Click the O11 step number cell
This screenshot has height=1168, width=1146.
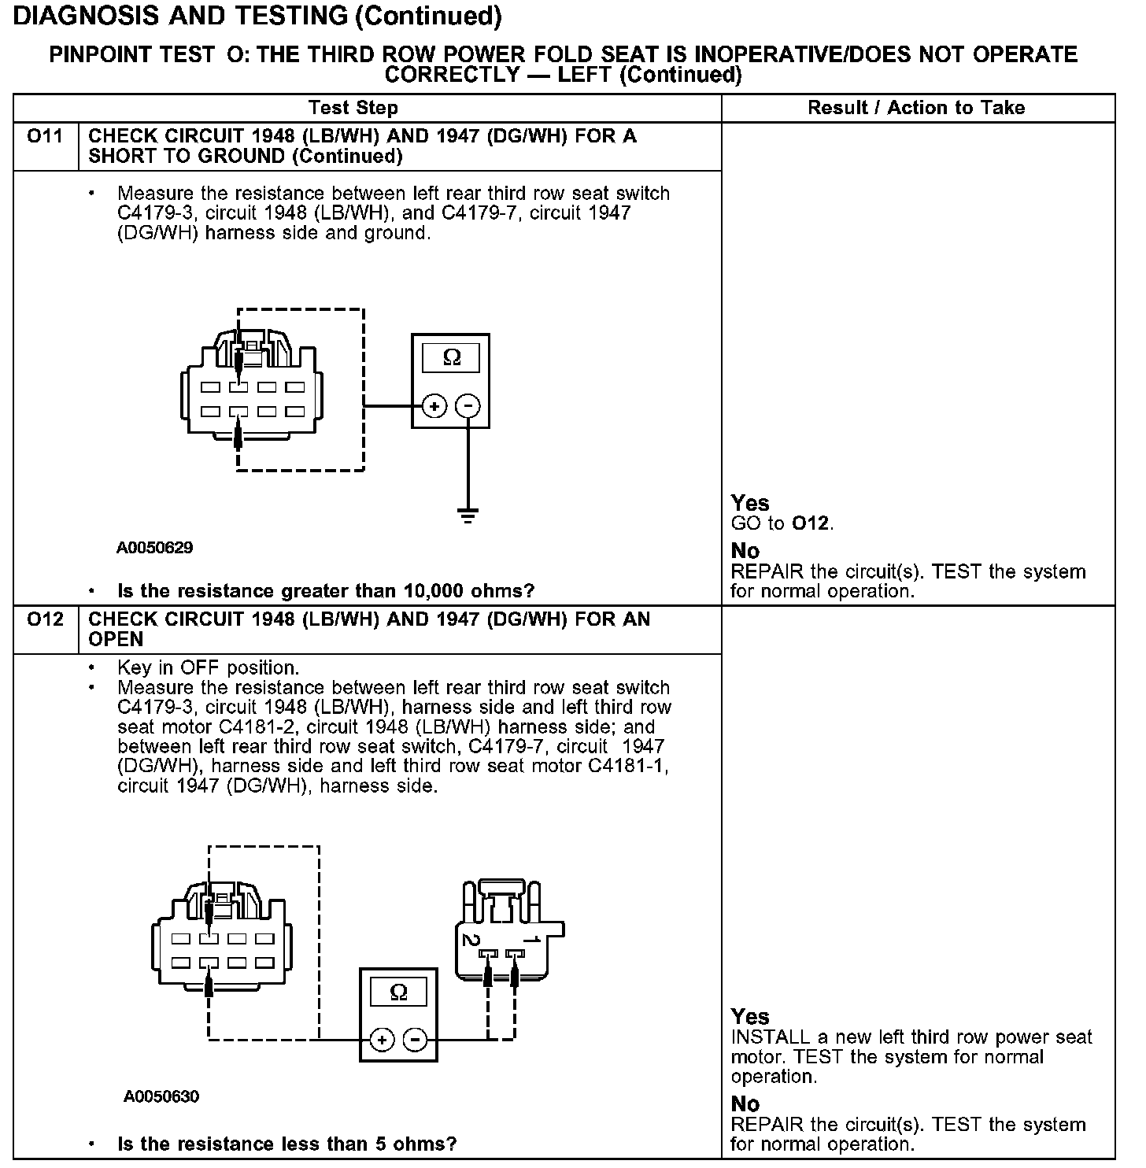[x=45, y=137]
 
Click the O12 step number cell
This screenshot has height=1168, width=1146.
[x=45, y=620]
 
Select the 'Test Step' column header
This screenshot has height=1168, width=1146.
[x=353, y=108]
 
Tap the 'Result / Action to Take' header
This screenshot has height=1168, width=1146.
[x=916, y=108]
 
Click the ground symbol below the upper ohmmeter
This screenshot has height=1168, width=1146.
[x=468, y=516]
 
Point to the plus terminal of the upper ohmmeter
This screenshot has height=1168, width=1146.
[x=434, y=406]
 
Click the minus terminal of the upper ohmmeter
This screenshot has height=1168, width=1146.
[x=468, y=406]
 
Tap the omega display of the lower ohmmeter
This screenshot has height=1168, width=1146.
[x=398, y=992]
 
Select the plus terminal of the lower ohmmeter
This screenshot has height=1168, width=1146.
[x=382, y=1040]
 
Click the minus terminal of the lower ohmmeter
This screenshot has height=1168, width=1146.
[x=415, y=1040]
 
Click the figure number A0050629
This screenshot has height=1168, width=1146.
[x=155, y=548]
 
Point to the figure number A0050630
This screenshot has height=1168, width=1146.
[x=161, y=1096]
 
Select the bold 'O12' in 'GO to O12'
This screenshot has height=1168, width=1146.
[x=811, y=523]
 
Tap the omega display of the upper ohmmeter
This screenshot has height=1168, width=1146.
[x=451, y=358]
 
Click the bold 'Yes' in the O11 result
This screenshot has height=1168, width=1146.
[x=750, y=503]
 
